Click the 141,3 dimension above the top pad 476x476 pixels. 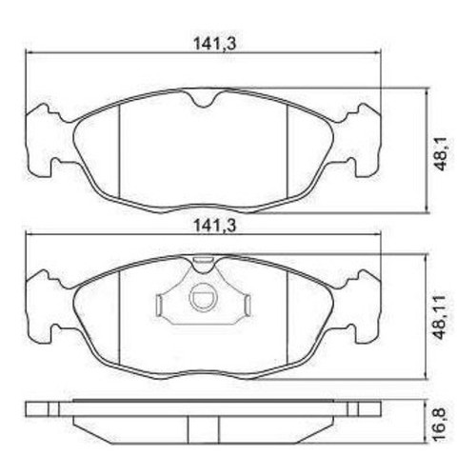[215, 44]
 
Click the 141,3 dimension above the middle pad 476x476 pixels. [215, 226]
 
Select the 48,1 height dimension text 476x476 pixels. [441, 151]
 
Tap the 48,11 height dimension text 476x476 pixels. [441, 318]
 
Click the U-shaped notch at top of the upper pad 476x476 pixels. [204, 98]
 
